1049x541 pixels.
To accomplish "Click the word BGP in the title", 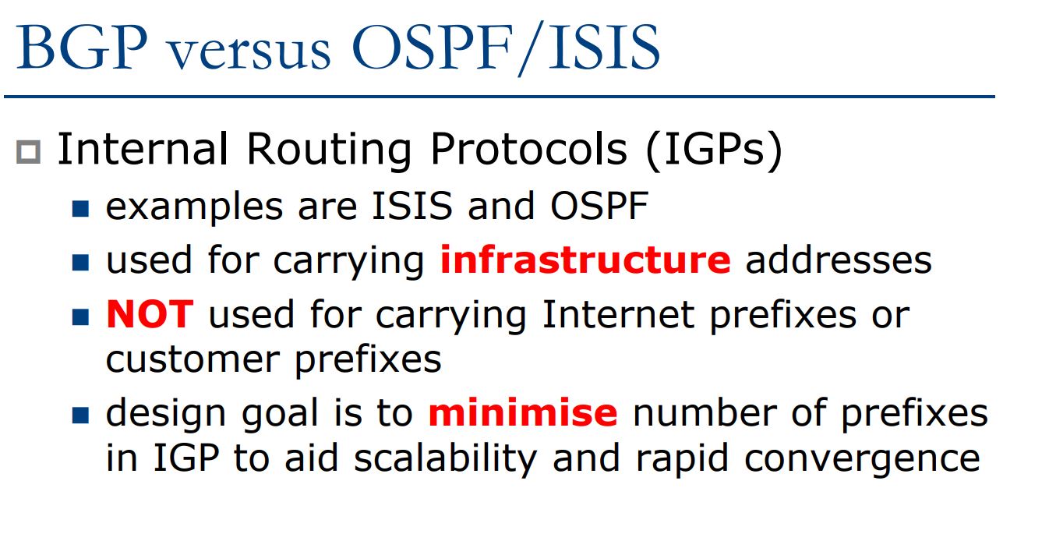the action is click(82, 47).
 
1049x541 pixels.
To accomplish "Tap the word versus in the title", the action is click(249, 51).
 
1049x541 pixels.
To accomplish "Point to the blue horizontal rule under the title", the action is click(500, 97).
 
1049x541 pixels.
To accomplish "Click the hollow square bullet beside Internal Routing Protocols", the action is click(28, 152).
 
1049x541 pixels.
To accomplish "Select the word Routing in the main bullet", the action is click(329, 150).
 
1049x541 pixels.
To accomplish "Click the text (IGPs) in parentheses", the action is click(714, 150).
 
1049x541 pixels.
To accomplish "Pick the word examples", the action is click(194, 207).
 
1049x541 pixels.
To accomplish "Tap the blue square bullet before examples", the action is click(80, 209).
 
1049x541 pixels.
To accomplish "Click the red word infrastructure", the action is click(585, 259).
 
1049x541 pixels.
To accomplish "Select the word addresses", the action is click(839, 260).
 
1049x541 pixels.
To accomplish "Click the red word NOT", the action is click(150, 313).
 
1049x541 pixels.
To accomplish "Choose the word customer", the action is click(193, 359).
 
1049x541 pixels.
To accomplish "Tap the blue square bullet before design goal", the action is click(80, 415).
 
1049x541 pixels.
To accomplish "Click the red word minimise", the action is click(523, 412).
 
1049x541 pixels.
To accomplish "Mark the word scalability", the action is click(445, 458).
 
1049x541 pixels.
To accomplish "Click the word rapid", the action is click(682, 459).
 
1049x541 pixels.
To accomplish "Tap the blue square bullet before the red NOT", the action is click(80, 317).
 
